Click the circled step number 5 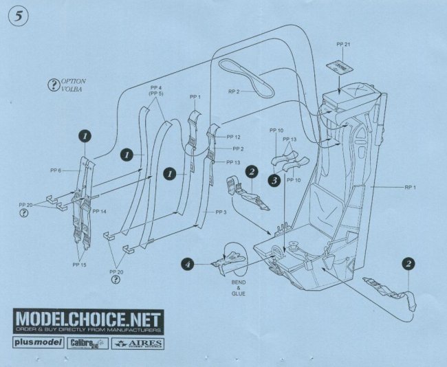click(x=17, y=18)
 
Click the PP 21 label click(x=342, y=45)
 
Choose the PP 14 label click(x=99, y=211)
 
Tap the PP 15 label click(x=80, y=263)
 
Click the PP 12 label click(x=233, y=137)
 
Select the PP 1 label click(x=197, y=96)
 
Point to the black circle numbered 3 click(x=274, y=181)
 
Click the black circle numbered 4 click(x=188, y=264)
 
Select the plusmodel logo click(x=38, y=342)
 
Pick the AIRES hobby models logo click(x=135, y=342)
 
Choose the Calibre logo click(x=87, y=342)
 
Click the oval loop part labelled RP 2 click(x=246, y=76)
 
